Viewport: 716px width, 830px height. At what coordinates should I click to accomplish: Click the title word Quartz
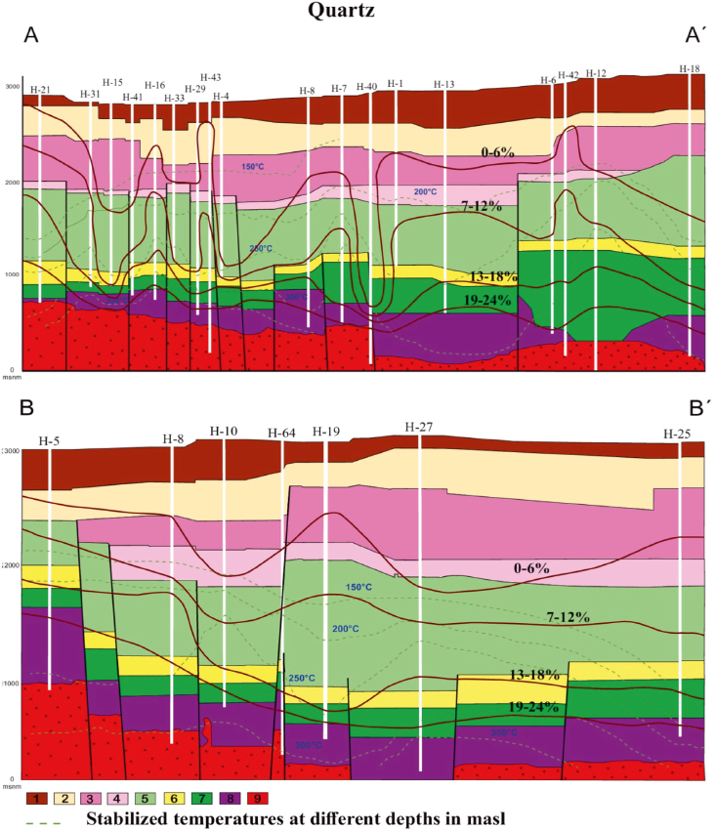(x=357, y=13)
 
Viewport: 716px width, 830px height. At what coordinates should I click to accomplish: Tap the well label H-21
(x=40, y=90)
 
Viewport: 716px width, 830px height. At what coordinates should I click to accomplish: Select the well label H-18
(x=690, y=69)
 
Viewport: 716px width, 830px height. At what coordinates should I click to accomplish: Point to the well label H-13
(x=444, y=85)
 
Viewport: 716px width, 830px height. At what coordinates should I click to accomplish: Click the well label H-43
(x=210, y=77)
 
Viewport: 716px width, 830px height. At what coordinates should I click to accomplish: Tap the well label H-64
(x=281, y=433)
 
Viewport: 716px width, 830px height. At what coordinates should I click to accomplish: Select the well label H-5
(x=50, y=440)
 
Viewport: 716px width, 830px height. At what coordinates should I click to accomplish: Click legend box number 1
(x=39, y=799)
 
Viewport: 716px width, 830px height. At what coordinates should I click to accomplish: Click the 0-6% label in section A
(x=498, y=152)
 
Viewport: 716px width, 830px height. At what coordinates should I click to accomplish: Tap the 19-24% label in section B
(x=532, y=706)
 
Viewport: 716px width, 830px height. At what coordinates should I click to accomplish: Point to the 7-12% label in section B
(x=568, y=617)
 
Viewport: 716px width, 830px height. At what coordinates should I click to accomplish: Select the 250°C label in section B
(x=302, y=678)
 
